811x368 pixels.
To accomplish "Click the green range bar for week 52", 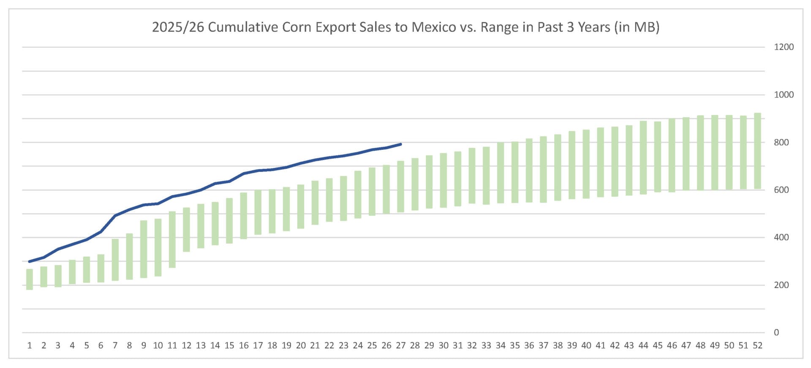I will tap(757, 151).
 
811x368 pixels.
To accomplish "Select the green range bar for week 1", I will tap(30, 279).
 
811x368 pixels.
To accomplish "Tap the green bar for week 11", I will tap(172, 239).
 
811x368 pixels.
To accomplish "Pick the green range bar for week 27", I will tap(400, 186).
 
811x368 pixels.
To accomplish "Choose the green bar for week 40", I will tap(586, 164).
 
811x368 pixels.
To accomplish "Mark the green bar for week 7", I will tap(115, 260).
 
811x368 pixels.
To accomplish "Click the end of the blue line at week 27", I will tap(400, 144).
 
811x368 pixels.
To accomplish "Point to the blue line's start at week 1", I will tap(30, 261).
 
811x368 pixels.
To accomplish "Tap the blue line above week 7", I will tap(115, 216).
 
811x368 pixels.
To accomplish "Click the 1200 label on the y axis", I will tap(784, 47).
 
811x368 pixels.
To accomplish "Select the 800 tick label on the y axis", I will tap(781, 143).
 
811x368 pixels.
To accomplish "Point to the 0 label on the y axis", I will tap(776, 333).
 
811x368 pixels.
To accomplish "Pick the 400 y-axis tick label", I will tap(781, 238).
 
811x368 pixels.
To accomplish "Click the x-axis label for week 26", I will tap(386, 346).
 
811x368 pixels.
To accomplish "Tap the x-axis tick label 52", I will tap(757, 346).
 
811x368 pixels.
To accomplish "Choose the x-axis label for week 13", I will tap(201, 346).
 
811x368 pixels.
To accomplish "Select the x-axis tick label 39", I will tap(572, 346).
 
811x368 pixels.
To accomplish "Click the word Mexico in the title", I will tap(434, 27).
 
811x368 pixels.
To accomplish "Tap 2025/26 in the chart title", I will tap(178, 27).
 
